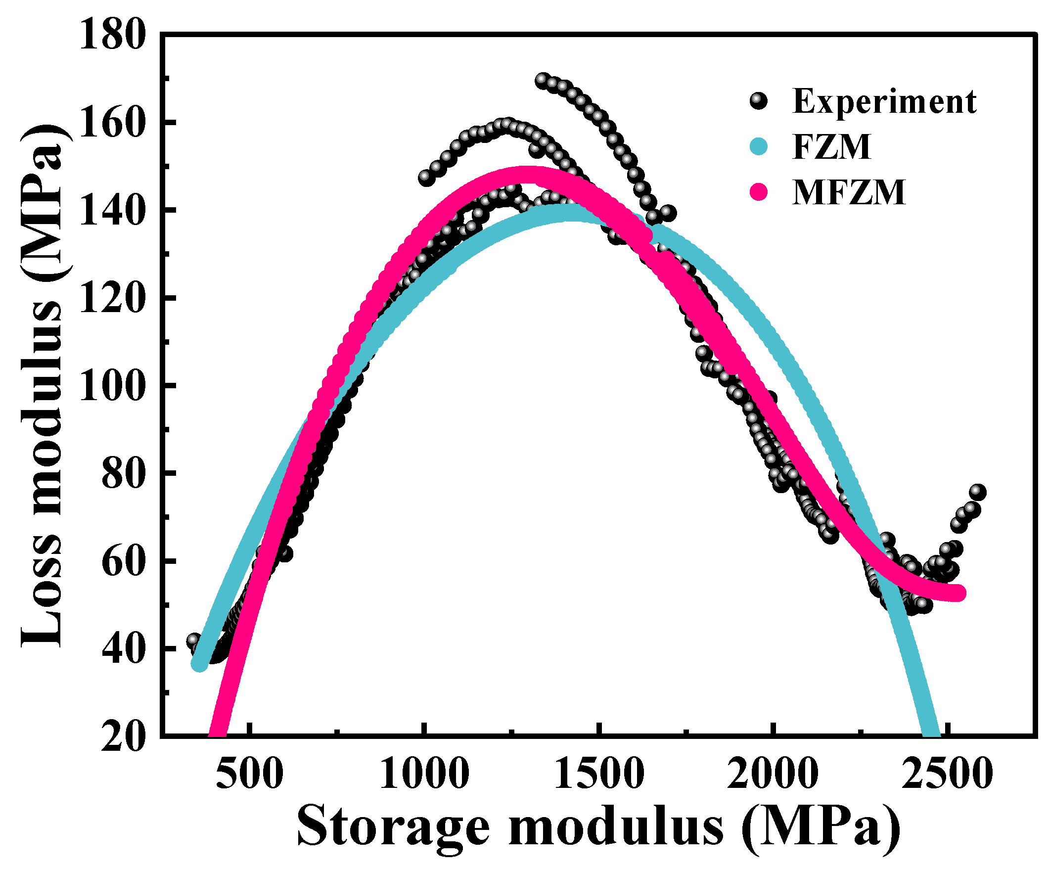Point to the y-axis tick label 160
coord(112,124)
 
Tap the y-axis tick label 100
coord(112,386)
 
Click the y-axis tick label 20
coord(124,737)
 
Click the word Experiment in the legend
coord(884,102)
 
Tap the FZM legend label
coord(832,147)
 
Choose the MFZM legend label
coord(849,193)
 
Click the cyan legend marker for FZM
coord(759,146)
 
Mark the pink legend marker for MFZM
coord(759,192)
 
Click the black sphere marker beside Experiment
coord(759,101)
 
